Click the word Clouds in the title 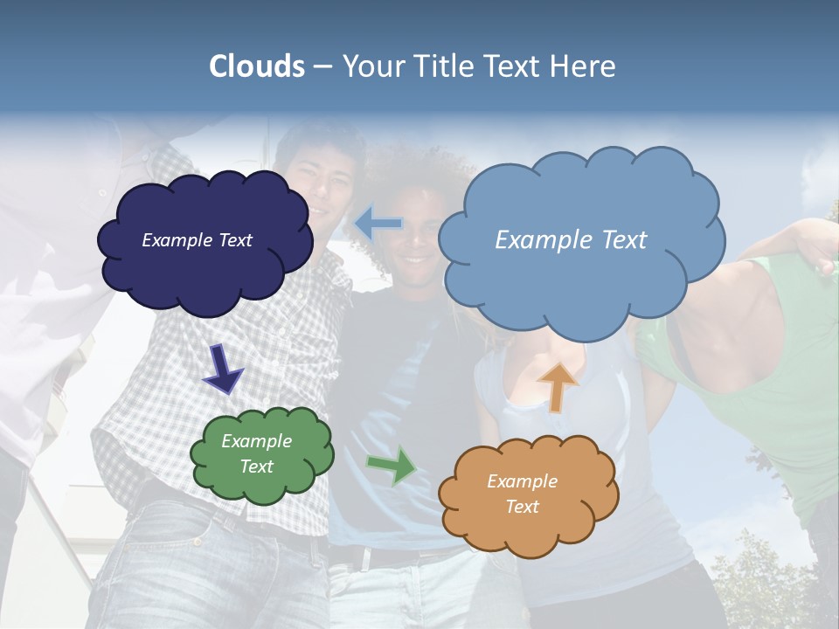click(257, 66)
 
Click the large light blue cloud click(581, 280)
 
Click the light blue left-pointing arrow click(378, 225)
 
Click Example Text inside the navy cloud click(197, 240)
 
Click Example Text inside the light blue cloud click(571, 240)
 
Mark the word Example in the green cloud click(256, 441)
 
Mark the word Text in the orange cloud click(522, 507)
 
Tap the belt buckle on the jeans click(367, 558)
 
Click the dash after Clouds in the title click(322, 66)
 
